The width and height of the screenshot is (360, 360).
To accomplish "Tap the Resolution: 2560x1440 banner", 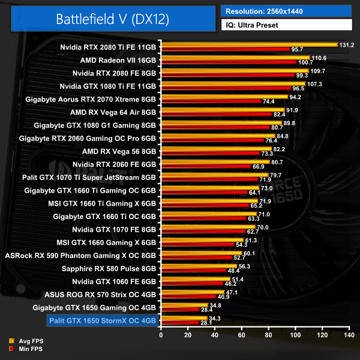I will click(286, 11).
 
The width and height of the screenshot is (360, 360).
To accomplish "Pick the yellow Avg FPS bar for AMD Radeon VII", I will click(235, 58).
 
